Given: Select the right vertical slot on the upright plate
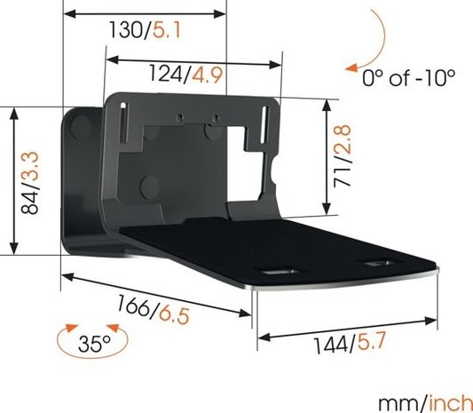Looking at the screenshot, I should [264, 123].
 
